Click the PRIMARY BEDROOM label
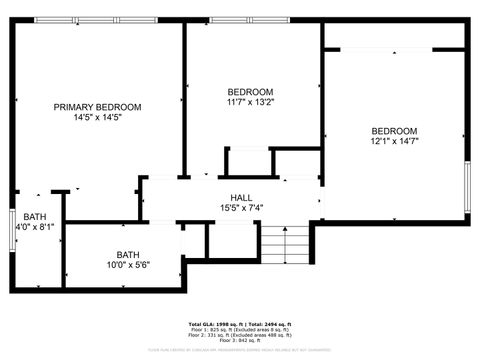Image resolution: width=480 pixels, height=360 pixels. [x=97, y=107]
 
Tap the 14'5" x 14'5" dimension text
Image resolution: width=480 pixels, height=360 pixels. [x=97, y=118]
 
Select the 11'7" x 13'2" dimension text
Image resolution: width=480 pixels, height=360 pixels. [x=250, y=102]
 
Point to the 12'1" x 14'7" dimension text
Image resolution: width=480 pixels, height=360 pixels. [x=394, y=142]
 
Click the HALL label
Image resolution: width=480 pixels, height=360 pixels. [x=241, y=197]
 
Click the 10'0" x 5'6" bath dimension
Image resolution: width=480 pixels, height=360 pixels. [x=128, y=264]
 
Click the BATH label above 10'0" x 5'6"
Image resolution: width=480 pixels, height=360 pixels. [x=128, y=253]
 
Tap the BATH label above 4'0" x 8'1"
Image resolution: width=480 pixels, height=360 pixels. [x=35, y=217]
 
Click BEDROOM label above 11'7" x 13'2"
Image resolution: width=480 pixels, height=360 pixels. [x=250, y=91]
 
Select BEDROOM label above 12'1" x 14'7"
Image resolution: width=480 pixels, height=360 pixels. [x=394, y=131]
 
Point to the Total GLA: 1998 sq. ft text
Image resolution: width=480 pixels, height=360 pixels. [x=214, y=325]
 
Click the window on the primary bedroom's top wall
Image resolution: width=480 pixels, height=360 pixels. [x=97, y=20]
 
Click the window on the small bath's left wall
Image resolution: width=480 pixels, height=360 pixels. [x=13, y=230]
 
